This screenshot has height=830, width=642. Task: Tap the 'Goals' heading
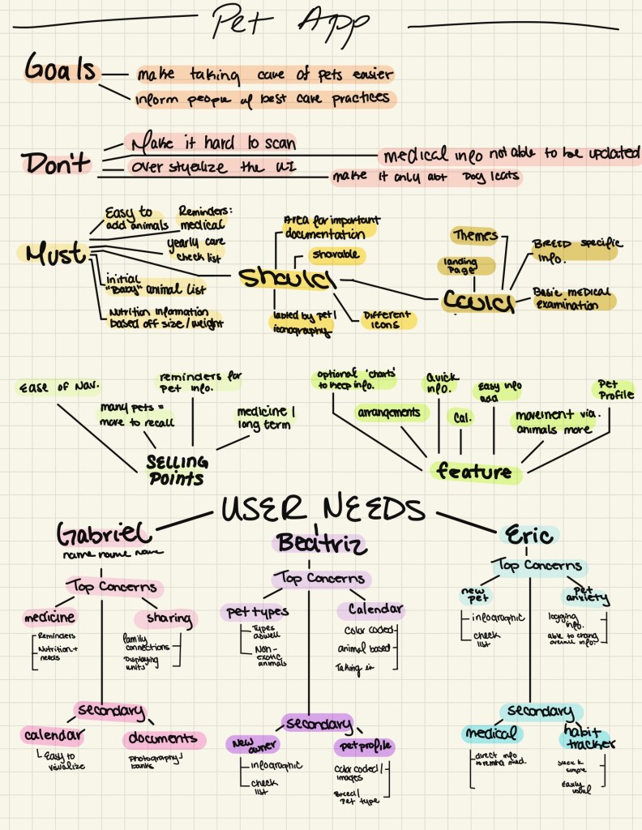pos(60,69)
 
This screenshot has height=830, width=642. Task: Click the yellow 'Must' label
pos(55,254)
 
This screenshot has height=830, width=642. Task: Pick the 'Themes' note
pos(475,236)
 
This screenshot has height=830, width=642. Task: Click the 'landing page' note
pos(459,266)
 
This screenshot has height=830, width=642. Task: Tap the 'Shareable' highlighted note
pos(335,255)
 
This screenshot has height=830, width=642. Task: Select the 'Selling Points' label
pos(177,468)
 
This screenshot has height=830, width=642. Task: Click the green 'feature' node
pos(475,471)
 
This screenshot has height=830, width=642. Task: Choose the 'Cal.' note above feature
pos(461,417)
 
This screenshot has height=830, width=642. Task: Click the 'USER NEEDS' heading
pos(323,511)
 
